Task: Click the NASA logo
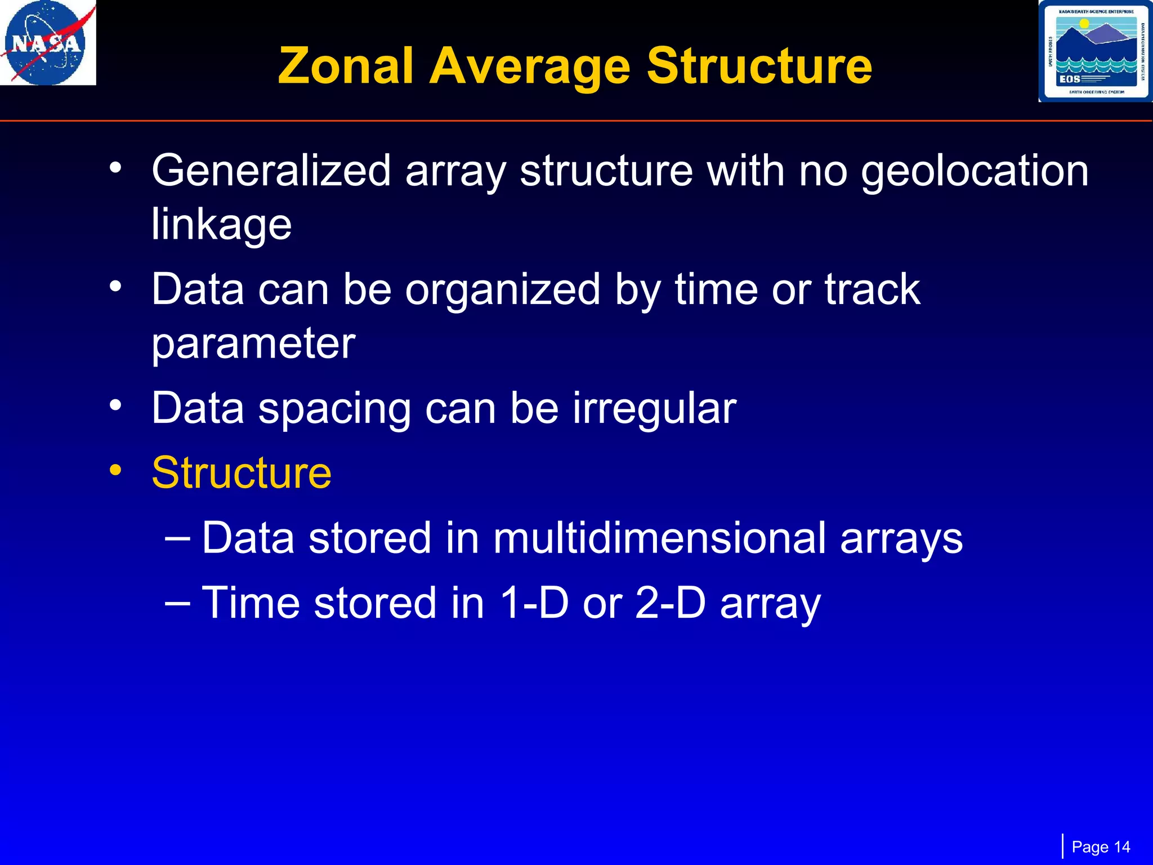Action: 48,43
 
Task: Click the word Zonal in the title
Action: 346,66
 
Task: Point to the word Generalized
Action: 271,171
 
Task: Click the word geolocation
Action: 975,171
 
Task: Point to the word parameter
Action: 253,344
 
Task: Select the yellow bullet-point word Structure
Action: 242,473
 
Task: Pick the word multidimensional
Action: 659,538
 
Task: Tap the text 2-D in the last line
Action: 670,603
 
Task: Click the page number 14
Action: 1121,847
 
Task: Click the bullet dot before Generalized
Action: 115,167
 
